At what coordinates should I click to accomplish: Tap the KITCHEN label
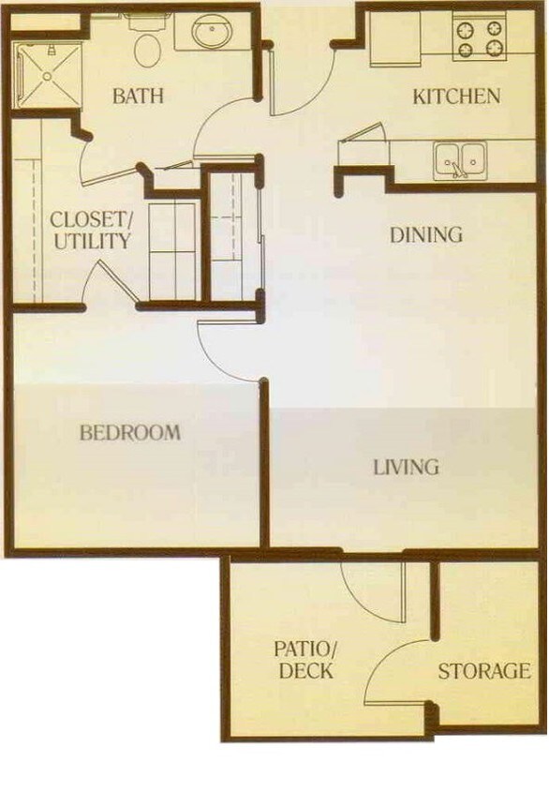pyautogui.click(x=456, y=96)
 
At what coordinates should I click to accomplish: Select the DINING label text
pyautogui.click(x=426, y=234)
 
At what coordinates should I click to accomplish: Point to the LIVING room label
pyautogui.click(x=407, y=466)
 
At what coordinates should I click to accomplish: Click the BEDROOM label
pyautogui.click(x=129, y=433)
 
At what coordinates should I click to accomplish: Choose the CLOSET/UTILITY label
pyautogui.click(x=91, y=231)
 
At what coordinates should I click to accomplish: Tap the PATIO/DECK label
pyautogui.click(x=304, y=660)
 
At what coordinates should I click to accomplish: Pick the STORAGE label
pyautogui.click(x=483, y=671)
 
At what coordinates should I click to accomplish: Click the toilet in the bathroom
pyautogui.click(x=146, y=46)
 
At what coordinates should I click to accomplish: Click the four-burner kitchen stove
pyautogui.click(x=480, y=37)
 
